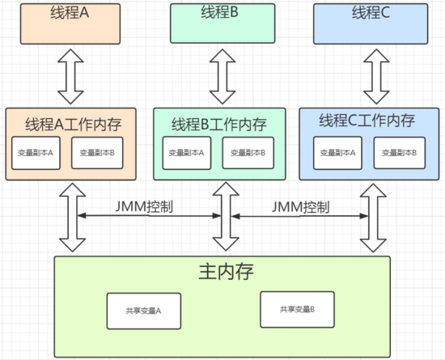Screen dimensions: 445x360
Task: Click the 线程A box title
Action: click(70, 12)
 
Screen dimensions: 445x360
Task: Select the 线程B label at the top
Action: click(219, 12)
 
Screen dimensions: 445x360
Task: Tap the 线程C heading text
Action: click(371, 12)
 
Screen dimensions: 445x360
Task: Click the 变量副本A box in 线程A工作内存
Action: click(36, 153)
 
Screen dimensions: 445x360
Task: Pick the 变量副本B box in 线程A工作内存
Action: click(97, 153)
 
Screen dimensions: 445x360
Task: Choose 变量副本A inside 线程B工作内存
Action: click(187, 153)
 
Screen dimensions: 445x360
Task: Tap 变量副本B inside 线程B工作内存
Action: click(248, 153)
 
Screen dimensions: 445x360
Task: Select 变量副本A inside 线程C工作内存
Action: click(337, 153)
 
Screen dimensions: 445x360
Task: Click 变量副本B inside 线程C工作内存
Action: click(400, 153)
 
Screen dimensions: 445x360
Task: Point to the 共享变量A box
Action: click(144, 311)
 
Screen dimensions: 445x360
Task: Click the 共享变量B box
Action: click(298, 310)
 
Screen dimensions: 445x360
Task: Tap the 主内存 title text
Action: click(226, 272)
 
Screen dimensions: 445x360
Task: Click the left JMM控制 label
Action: click(144, 206)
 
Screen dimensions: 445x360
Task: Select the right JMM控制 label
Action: click(301, 207)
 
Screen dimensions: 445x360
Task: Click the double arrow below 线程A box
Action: click(70, 77)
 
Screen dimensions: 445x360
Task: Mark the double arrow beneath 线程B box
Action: click(222, 77)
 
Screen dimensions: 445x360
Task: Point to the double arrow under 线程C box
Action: click(376, 77)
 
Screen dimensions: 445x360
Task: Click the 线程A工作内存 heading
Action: click(74, 125)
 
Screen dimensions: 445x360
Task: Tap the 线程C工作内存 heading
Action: click(367, 121)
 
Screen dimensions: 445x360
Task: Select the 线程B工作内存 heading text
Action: click(219, 125)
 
